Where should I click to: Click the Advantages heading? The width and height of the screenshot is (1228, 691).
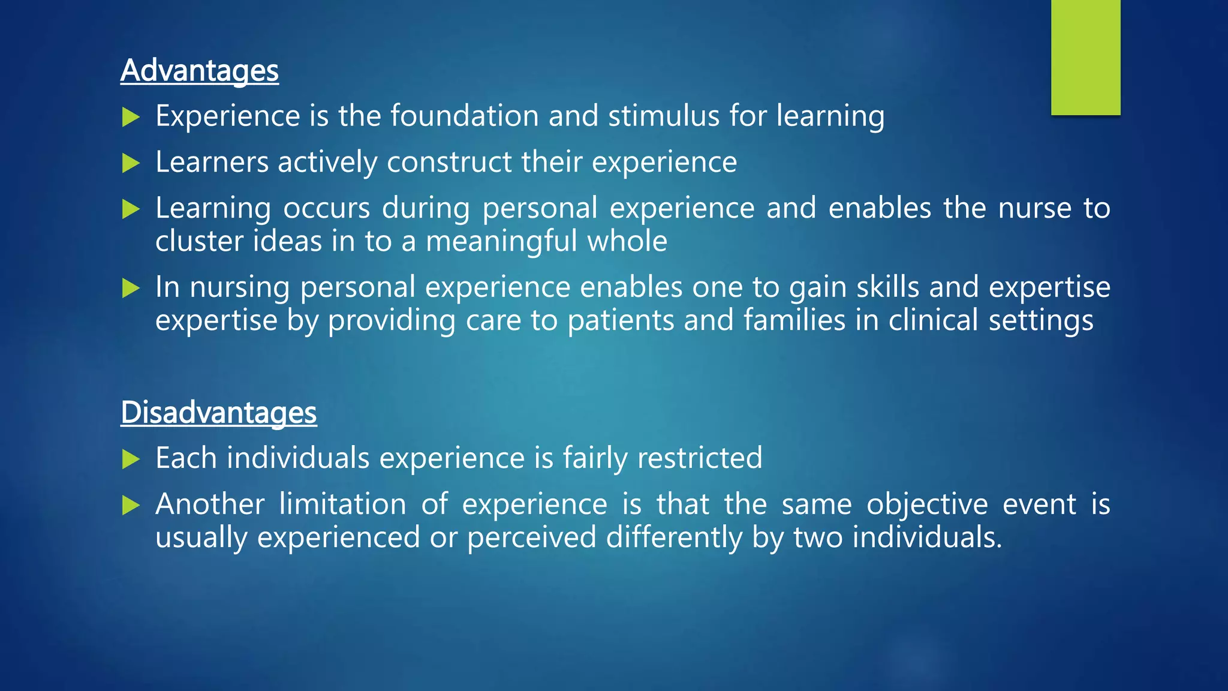tap(199, 71)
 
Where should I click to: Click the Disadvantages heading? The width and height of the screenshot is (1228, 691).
tap(218, 413)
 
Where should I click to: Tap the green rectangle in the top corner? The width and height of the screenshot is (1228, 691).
tap(1085, 57)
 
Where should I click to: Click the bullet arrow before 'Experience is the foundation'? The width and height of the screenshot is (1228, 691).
tap(131, 117)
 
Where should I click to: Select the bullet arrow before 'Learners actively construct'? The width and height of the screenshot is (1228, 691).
tap(131, 163)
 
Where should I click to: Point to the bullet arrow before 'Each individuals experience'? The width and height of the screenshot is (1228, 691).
tap(131, 459)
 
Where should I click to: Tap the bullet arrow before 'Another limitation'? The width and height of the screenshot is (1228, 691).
tap(131, 506)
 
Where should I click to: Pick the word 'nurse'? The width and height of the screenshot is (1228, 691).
tap(1034, 208)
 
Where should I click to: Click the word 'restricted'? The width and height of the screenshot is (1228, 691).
tap(699, 458)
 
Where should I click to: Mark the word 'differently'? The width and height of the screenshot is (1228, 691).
tap(674, 537)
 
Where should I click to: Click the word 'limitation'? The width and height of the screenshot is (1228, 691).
tap(342, 504)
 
